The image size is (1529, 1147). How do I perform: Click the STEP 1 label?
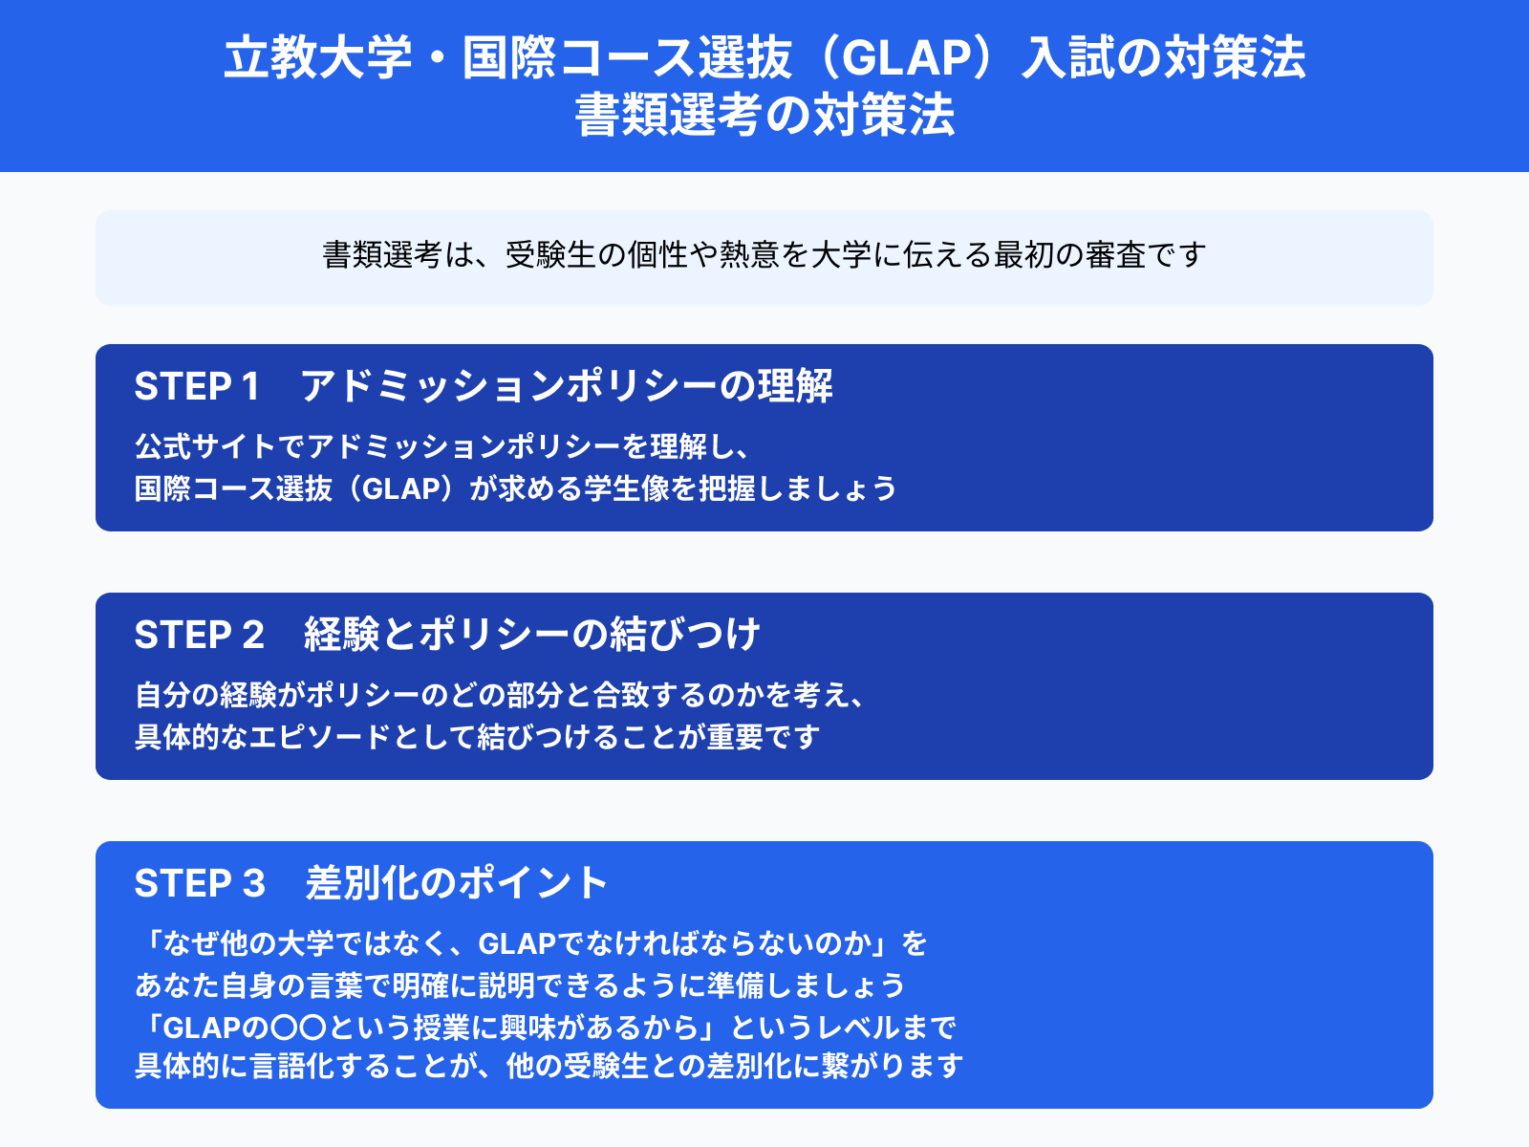coord(197,386)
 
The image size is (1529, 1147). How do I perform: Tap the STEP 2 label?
coord(199,635)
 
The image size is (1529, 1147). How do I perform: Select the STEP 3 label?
coord(200,883)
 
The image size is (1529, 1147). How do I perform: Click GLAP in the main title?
coord(906,57)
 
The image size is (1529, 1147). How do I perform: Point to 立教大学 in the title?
coord(317,57)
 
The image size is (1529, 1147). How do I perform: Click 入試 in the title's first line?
coord(1067,57)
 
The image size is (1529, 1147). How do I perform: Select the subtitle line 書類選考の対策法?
coord(764,114)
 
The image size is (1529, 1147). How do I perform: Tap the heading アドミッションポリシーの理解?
coord(567,386)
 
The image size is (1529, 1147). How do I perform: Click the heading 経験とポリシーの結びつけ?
coord(532,635)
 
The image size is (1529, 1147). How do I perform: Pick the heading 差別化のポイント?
coord(457,883)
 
